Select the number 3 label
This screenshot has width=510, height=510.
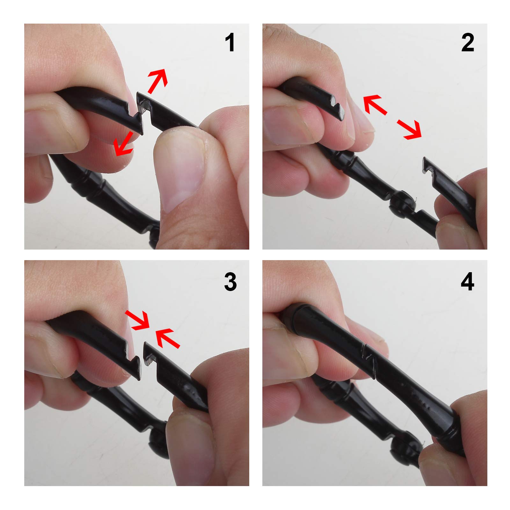(230, 282)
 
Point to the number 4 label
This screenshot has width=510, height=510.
(467, 282)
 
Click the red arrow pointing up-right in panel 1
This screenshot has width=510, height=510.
(157, 81)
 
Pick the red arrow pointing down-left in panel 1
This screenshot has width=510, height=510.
(124, 144)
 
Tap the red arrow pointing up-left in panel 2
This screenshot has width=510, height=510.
(375, 104)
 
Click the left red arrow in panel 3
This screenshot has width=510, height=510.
(137, 319)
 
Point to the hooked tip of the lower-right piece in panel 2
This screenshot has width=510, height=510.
(427, 166)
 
